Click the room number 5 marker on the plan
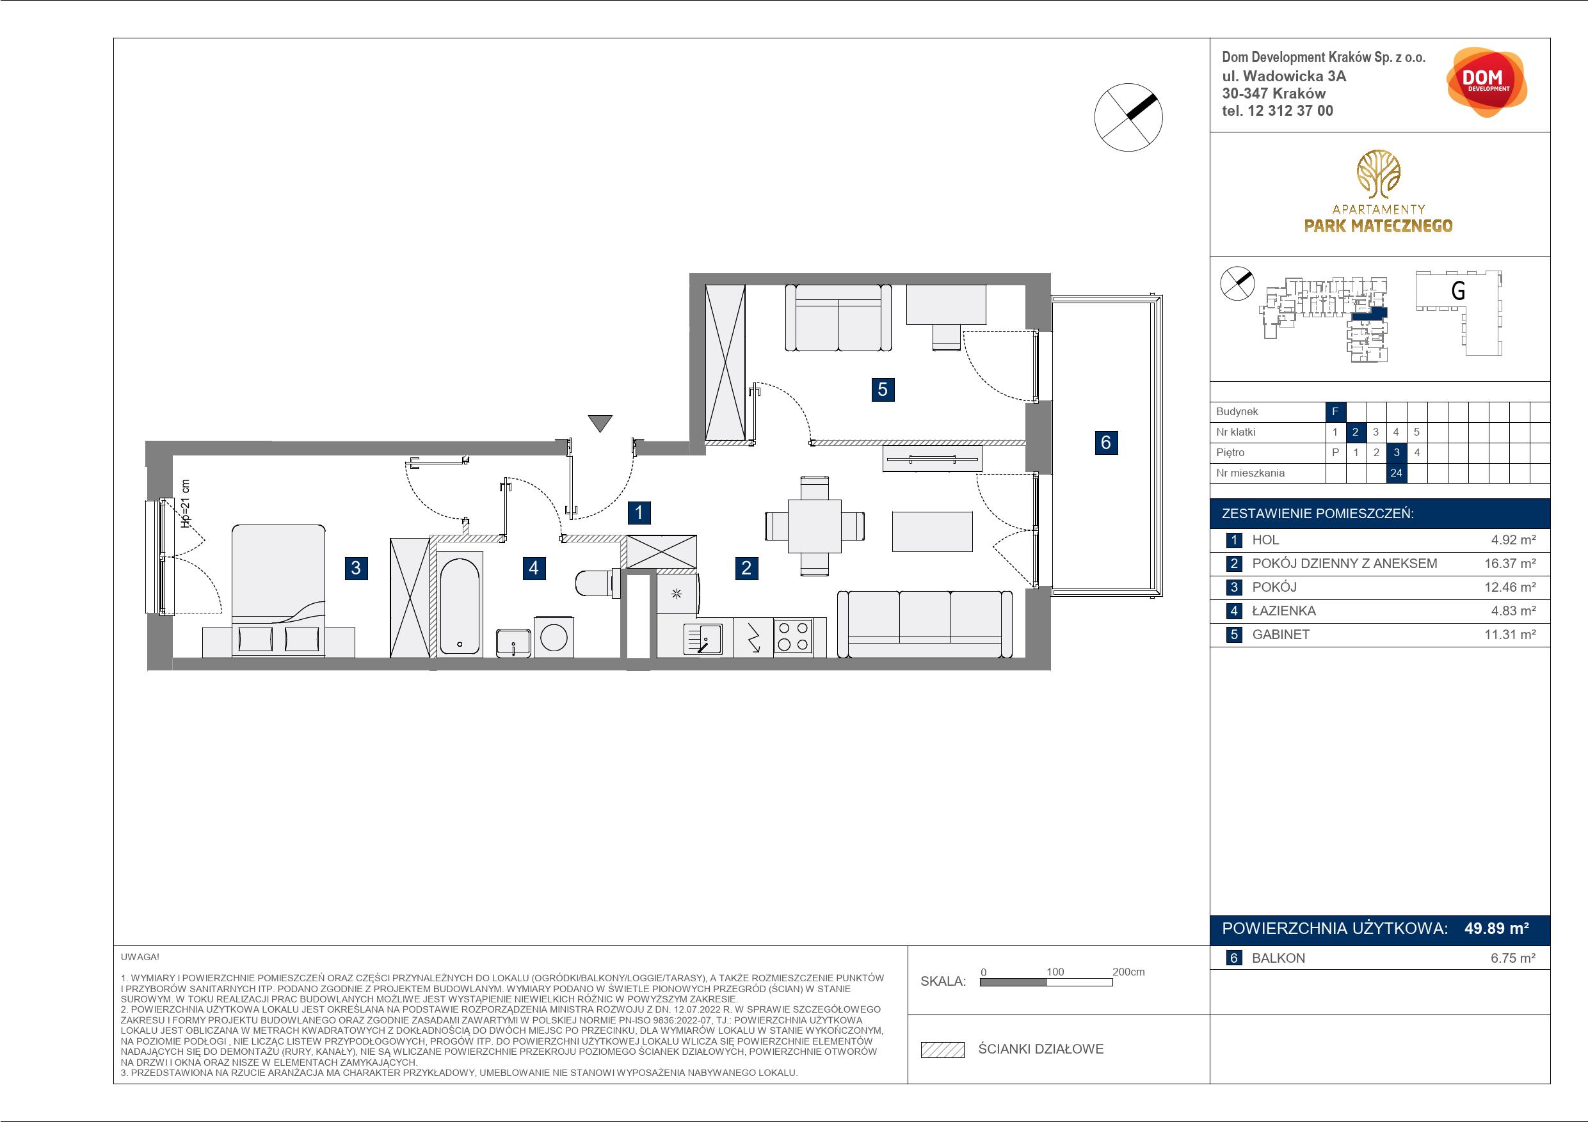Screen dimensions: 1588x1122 [x=882, y=389]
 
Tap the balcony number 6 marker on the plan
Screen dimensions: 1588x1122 [x=1105, y=443]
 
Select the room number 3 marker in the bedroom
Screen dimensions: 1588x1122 [x=355, y=568]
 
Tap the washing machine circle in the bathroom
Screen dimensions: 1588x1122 [x=554, y=636]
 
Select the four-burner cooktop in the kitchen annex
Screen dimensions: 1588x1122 [x=793, y=636]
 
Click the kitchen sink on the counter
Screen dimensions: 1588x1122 [x=703, y=638]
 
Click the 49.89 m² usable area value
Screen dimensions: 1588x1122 [x=1496, y=928]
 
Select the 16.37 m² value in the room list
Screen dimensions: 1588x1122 [x=1510, y=564]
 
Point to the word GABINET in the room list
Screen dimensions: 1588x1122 [x=1281, y=635]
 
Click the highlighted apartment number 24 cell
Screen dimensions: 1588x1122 [x=1397, y=473]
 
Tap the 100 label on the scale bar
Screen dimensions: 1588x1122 [x=1055, y=971]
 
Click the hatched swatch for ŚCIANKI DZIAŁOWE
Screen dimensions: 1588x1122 [x=943, y=1050]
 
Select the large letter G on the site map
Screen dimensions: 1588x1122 [x=1457, y=290]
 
